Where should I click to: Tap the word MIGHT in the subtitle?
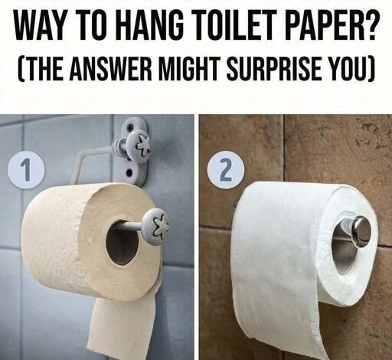[191, 67]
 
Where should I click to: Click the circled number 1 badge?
[26, 170]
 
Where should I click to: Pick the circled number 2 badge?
[226, 170]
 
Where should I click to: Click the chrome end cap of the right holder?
[361, 231]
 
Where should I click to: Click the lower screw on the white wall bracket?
[129, 173]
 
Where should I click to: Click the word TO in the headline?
[93, 25]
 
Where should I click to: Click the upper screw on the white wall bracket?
[131, 126]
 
